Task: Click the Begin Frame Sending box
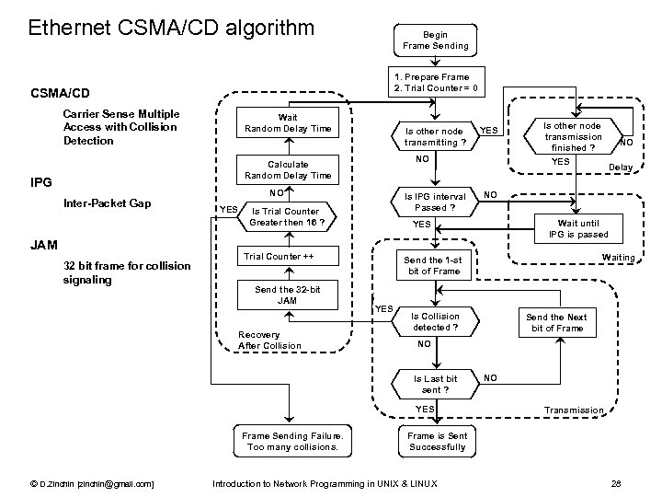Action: pos(435,40)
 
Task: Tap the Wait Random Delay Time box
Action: pos(287,122)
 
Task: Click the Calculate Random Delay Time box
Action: pos(287,169)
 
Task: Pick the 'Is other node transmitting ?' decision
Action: pos(435,136)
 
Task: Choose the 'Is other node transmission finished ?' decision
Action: pos(572,136)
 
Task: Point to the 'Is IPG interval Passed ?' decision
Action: pos(435,201)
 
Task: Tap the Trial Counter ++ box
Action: pos(287,256)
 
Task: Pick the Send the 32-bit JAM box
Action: pos(287,295)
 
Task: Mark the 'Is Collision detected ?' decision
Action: pos(435,322)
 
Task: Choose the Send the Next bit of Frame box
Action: pos(556,322)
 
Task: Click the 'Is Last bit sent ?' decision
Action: pos(435,384)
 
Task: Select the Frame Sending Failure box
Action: pos(291,442)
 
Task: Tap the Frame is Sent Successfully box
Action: pos(436,442)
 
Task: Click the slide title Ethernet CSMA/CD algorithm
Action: pos(171,28)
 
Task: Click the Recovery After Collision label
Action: pos(268,340)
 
